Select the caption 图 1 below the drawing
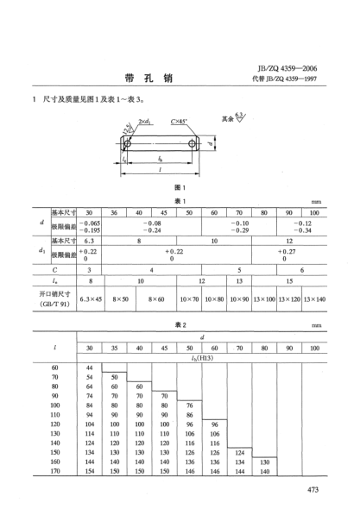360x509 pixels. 180,188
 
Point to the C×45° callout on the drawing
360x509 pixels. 181,122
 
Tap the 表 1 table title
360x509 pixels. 180,200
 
